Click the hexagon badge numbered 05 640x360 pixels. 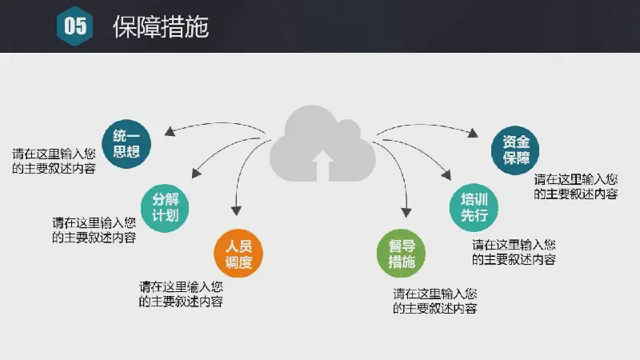pos(74,26)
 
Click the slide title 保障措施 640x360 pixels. pos(161,27)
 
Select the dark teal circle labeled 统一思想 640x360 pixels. pos(126,144)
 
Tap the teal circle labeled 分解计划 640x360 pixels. pos(165,208)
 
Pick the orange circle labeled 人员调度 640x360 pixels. pos(238,254)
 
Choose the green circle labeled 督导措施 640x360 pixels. pos(402,254)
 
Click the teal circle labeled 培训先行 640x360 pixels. pos(474,207)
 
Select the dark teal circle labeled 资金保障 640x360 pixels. pos(515,150)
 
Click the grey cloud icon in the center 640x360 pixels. pos(322,143)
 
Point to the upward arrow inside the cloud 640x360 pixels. pos(323,166)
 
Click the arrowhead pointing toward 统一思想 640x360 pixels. pos(170,131)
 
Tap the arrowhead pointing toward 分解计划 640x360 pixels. pos(196,174)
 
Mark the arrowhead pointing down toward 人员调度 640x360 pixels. pos(236,210)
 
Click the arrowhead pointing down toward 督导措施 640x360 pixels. pos(406,212)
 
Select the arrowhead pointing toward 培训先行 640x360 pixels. pos(446,174)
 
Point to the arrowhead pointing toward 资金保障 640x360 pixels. pos(473,133)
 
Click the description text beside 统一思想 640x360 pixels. pos(54,162)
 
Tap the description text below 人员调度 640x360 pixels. pos(181,294)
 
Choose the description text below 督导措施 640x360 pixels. pos(435,302)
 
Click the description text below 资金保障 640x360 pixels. pos(576,186)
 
